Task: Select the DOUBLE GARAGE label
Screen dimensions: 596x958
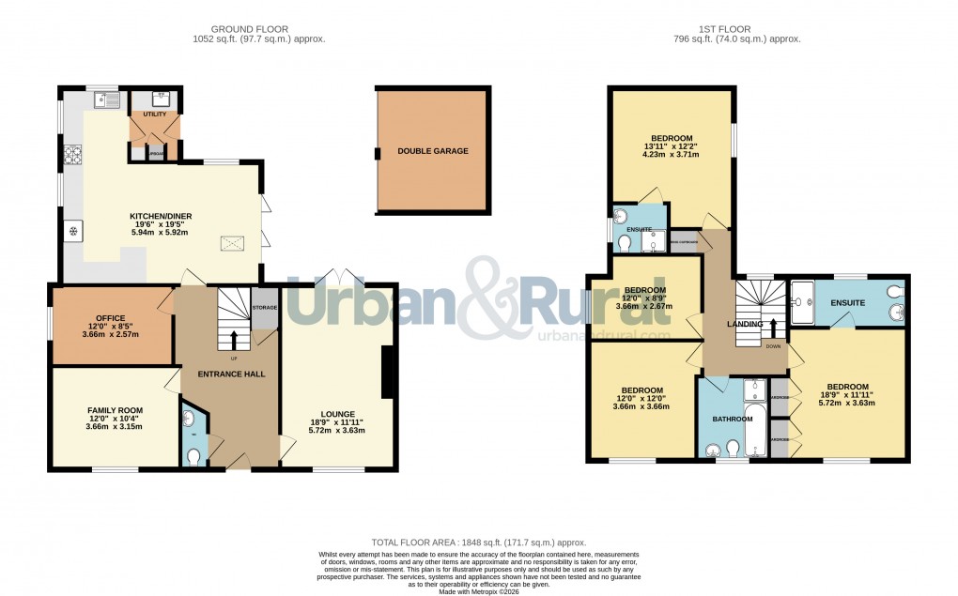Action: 432,151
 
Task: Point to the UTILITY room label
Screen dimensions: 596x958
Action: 155,115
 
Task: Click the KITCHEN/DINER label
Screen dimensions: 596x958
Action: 161,216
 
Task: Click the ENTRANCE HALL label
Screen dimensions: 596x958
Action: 231,374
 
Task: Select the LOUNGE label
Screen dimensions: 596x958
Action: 336,413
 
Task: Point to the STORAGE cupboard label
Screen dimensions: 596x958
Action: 265,308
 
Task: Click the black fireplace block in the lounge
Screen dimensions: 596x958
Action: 387,373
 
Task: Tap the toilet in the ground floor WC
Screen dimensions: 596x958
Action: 193,457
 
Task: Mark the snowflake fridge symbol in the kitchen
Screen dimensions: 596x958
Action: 72,231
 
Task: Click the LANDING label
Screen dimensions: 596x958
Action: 746,324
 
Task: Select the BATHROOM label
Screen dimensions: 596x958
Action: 733,419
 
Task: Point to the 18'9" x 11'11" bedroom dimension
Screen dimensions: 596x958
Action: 847,396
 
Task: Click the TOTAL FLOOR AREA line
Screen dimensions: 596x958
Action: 479,543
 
